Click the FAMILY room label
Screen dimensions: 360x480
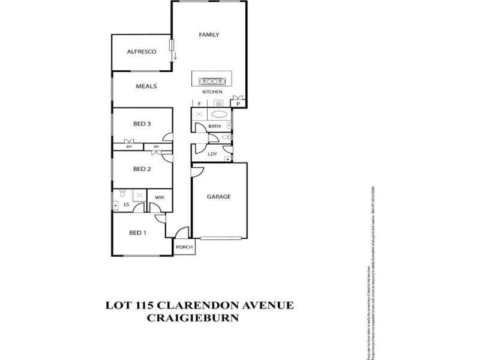coord(209,35)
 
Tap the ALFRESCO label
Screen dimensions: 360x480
coord(142,52)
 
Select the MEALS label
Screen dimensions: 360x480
coord(146,86)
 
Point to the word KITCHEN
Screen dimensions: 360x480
coord(212,92)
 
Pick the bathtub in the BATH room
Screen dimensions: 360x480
coord(220,113)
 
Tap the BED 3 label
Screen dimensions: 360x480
coord(142,124)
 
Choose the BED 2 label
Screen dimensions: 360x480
coord(142,169)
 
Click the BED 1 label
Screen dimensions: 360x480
coord(138,233)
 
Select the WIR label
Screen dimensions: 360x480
coord(159,197)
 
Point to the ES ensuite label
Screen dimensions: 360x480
coord(127,205)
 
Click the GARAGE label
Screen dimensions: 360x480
coord(219,196)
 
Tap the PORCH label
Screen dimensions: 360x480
coord(184,247)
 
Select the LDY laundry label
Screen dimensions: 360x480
coord(212,154)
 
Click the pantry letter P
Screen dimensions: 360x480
coord(238,104)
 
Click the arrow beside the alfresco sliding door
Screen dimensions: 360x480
coord(176,56)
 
